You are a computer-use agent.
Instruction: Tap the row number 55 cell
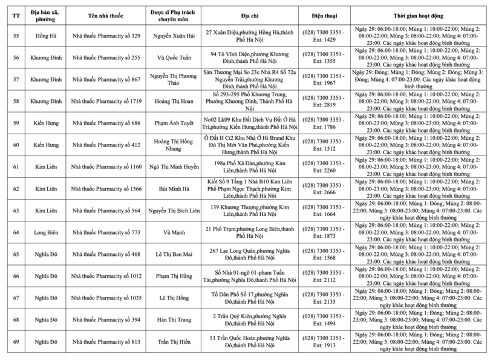coord(16,36)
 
